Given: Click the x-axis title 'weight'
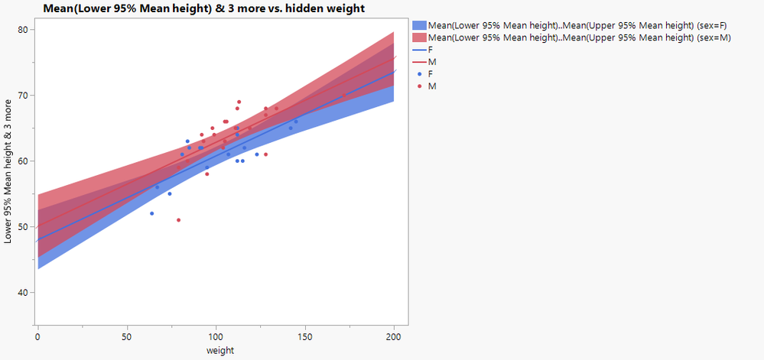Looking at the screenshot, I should point(219,350).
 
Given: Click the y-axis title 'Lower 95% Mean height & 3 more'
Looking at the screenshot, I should point(8,171).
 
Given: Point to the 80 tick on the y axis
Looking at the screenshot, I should point(23,30).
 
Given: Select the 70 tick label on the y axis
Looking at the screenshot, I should point(23,96).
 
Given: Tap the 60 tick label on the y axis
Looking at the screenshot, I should point(23,161).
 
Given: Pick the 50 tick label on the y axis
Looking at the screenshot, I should point(23,227).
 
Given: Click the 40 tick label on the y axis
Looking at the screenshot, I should point(23,293).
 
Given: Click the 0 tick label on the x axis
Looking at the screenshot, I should point(37,335).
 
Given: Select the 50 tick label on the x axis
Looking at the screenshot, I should point(126,335).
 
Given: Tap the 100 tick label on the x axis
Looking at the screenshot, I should point(216,335).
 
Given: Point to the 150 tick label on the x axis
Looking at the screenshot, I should point(304,335).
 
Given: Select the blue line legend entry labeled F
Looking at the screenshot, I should point(420,49).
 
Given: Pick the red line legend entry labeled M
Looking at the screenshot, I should point(420,61).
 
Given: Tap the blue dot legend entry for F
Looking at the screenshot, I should point(420,73).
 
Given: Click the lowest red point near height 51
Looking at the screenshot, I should point(178,220).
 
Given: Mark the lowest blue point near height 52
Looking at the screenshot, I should point(151,213).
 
